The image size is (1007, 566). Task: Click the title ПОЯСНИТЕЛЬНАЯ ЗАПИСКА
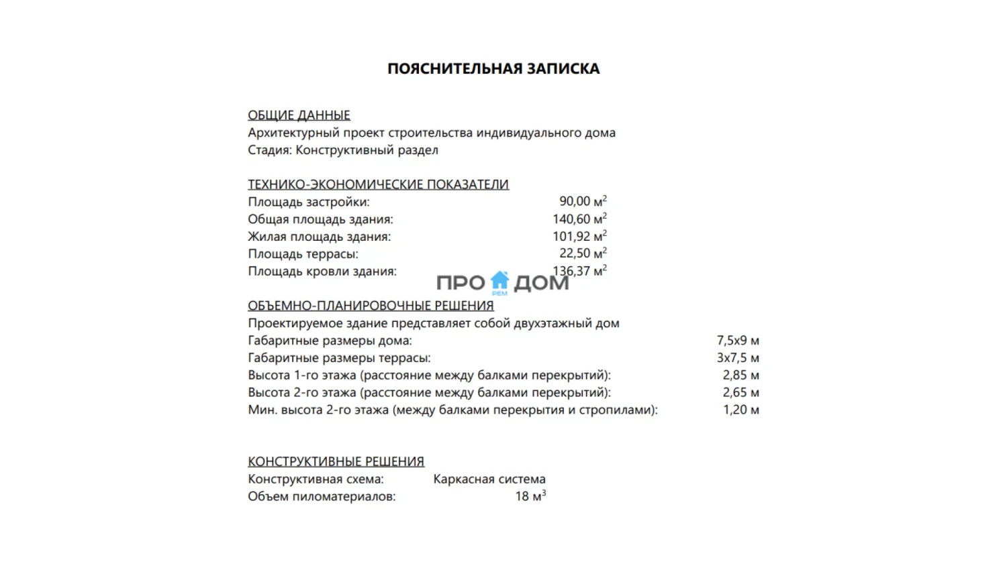(x=493, y=68)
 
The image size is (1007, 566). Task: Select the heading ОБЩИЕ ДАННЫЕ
(x=299, y=115)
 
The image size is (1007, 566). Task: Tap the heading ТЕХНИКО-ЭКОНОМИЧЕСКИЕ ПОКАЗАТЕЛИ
(x=378, y=184)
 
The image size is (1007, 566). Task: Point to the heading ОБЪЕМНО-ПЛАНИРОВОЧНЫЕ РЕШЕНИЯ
(x=371, y=306)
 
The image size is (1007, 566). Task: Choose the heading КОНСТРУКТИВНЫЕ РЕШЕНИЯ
(x=336, y=461)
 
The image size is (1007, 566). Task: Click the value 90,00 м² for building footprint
(x=583, y=201)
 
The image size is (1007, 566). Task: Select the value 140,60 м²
(x=579, y=219)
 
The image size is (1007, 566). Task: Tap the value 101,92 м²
(x=579, y=236)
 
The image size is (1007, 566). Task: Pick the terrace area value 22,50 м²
(x=583, y=253)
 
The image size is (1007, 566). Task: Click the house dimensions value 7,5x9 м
(x=738, y=341)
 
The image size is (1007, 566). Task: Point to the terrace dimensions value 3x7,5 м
(x=738, y=358)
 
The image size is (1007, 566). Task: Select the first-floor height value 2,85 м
(x=740, y=376)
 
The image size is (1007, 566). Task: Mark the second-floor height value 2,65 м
(x=740, y=393)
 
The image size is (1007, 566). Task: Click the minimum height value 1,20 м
(x=740, y=410)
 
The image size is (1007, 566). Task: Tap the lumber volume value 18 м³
(x=530, y=496)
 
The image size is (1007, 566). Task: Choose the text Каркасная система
(x=489, y=479)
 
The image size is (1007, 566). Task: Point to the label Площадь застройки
(x=308, y=202)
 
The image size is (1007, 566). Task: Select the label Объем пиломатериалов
(x=322, y=497)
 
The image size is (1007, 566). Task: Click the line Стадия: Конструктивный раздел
(x=342, y=150)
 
